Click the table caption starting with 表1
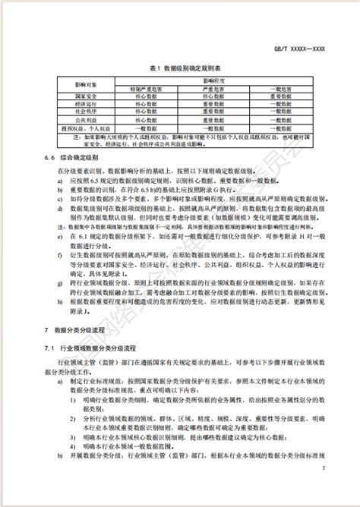180,65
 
